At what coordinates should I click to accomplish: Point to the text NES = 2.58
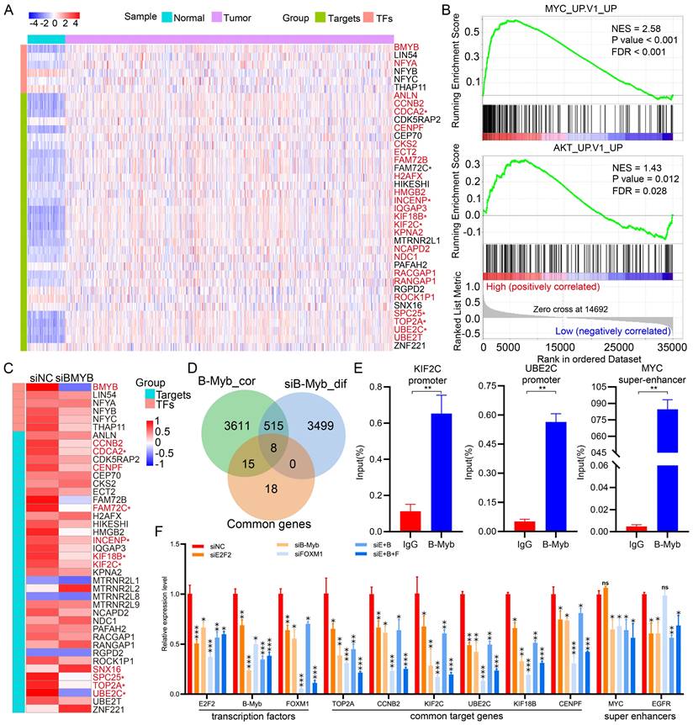click(637, 29)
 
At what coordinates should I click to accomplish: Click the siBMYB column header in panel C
click(74, 375)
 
